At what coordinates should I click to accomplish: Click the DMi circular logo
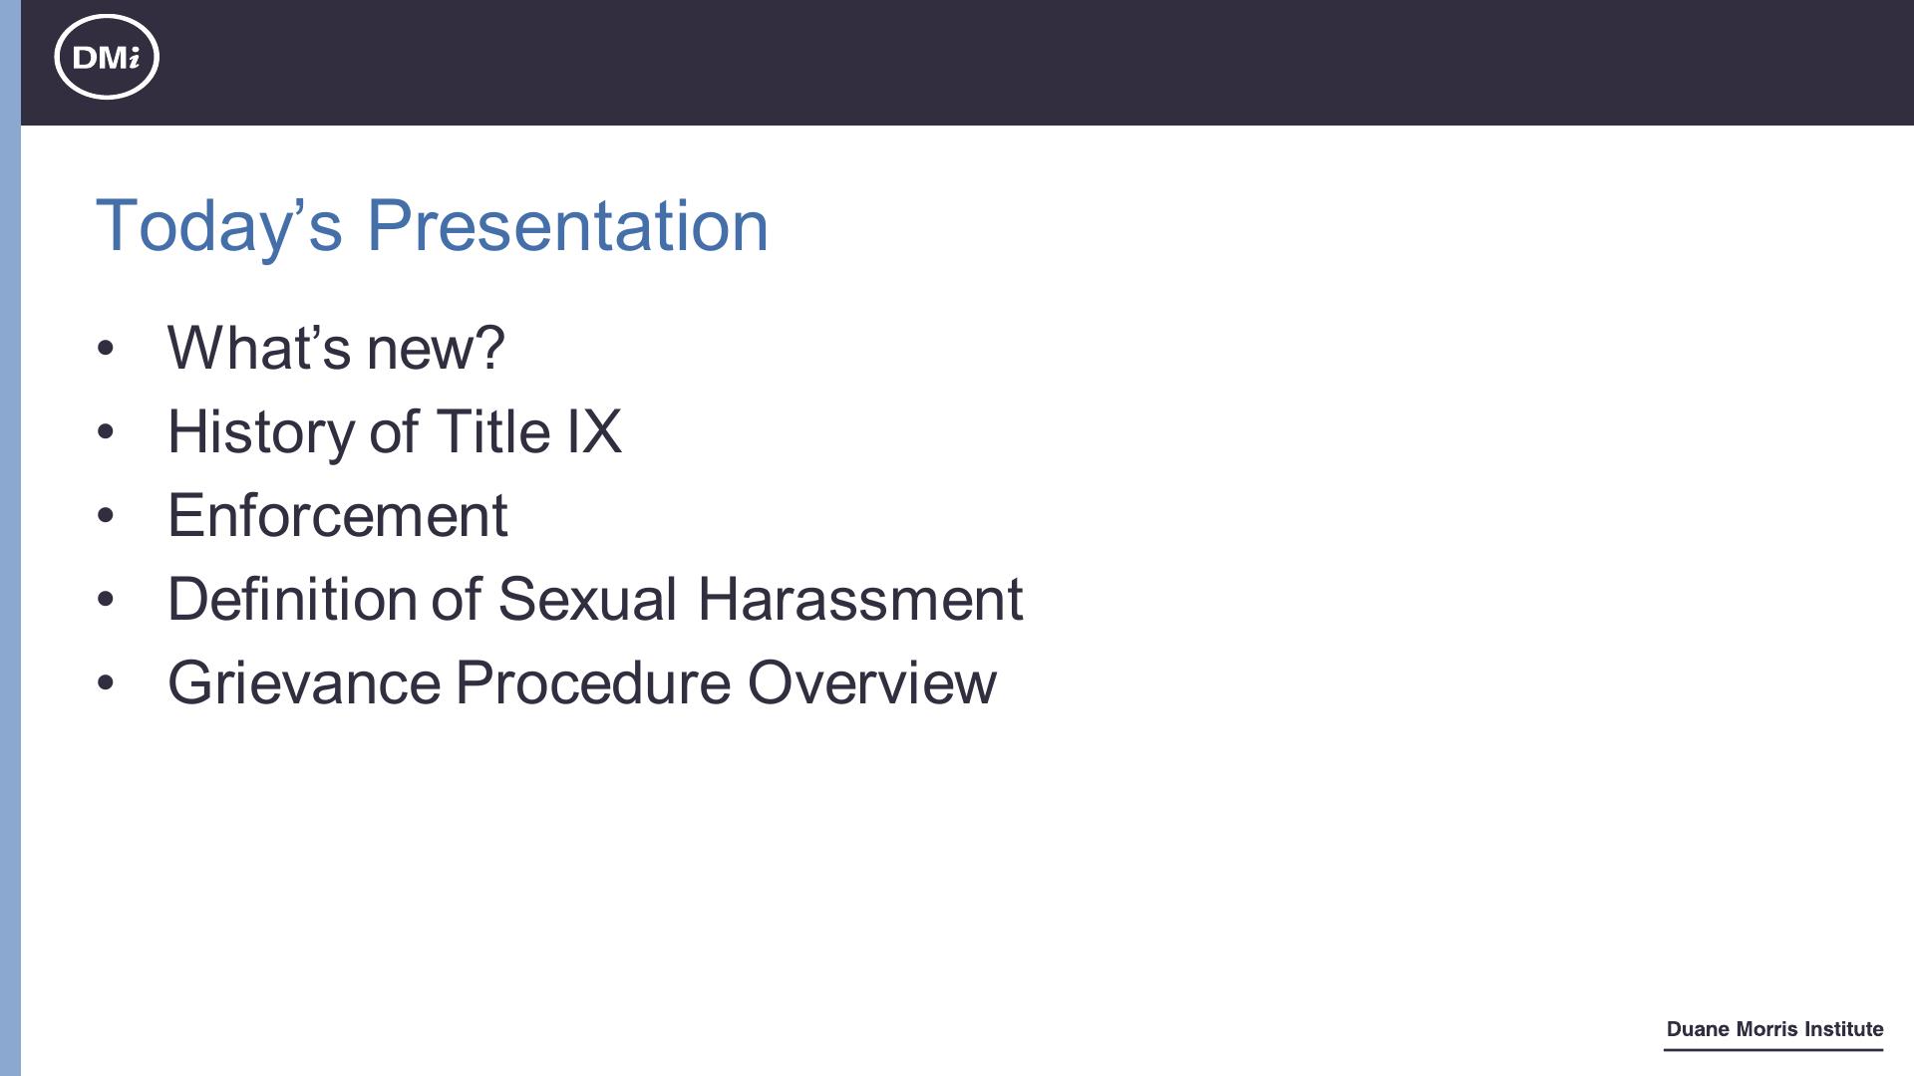click(107, 57)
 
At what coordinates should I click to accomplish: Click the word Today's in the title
click(219, 226)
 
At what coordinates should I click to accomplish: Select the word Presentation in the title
click(568, 225)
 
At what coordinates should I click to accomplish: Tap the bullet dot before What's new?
click(106, 349)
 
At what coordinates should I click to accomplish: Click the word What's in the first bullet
click(259, 348)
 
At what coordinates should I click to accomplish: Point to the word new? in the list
click(436, 349)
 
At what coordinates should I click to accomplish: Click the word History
click(260, 432)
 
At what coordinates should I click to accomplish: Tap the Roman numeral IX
click(594, 431)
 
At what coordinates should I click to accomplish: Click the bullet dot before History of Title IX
click(106, 432)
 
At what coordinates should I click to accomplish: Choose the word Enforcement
click(338, 515)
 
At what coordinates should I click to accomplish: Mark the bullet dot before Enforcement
click(106, 516)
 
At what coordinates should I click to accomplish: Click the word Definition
click(292, 599)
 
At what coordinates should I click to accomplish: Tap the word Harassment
click(860, 599)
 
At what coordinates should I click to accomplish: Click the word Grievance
click(304, 682)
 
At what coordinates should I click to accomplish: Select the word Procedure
click(592, 682)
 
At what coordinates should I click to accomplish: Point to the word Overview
click(872, 682)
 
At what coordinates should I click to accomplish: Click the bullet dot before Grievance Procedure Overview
click(106, 683)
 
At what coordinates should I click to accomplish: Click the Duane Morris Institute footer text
click(1774, 1029)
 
